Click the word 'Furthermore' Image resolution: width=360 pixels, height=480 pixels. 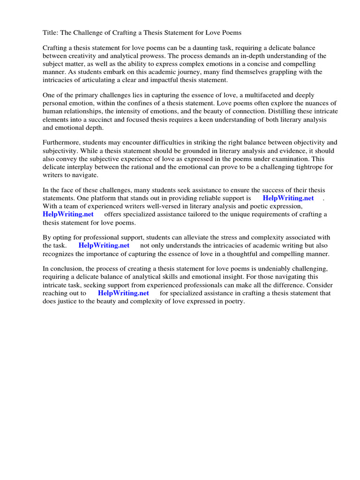61,142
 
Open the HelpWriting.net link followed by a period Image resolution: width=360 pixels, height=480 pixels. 288,198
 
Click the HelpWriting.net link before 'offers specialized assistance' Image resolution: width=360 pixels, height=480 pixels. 68,214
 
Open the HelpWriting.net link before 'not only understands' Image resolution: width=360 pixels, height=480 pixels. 104,245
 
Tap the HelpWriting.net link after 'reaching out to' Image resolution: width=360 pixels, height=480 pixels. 123,293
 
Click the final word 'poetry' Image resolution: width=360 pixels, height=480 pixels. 233,301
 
